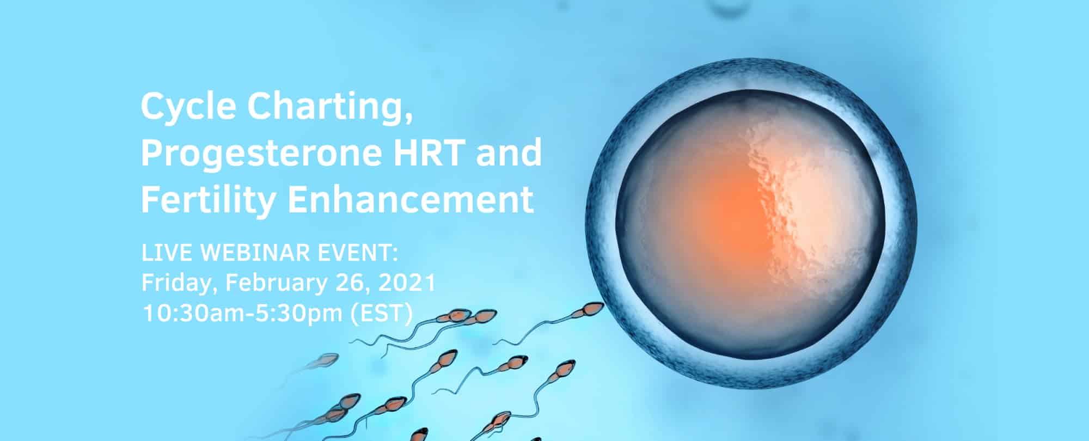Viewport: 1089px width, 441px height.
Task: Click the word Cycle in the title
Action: pos(188,108)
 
